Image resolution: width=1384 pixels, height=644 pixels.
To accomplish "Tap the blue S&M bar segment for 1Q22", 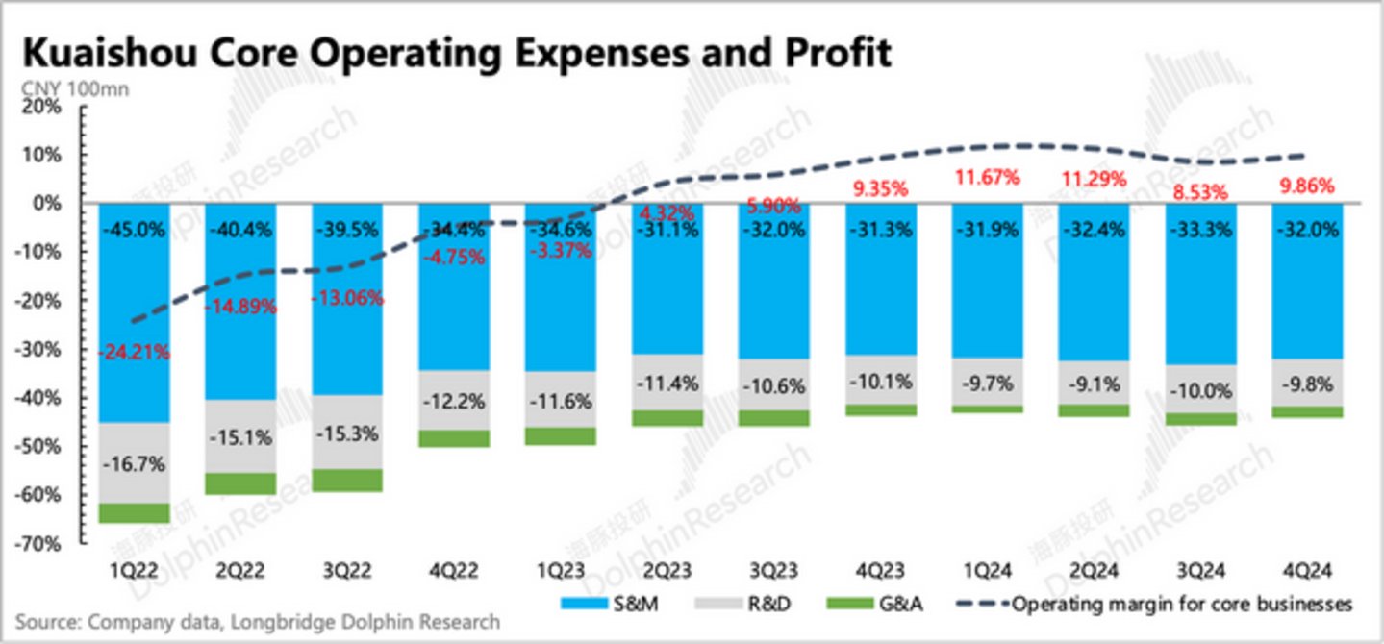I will click(134, 288).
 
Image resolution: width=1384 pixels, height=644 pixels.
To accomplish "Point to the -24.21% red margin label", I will click(134, 352).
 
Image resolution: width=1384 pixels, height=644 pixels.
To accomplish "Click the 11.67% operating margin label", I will click(986, 178).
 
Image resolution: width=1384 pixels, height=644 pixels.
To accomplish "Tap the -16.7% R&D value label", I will click(134, 463).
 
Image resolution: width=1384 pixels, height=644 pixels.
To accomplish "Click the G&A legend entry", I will click(862, 605).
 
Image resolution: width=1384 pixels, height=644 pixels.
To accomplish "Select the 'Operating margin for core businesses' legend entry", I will click(1154, 605).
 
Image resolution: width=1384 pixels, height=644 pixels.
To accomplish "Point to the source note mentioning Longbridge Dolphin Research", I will click(258, 622).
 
